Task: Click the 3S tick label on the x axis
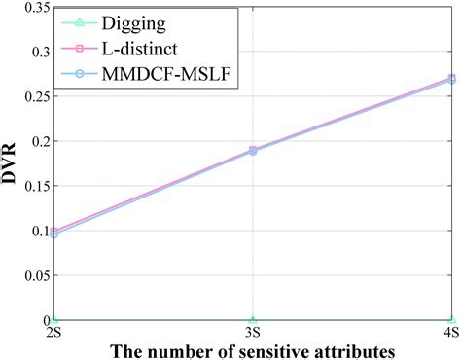[x=253, y=332]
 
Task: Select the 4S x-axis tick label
[x=451, y=332]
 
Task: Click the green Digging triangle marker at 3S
[x=253, y=320]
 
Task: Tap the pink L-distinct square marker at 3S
[x=253, y=150]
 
